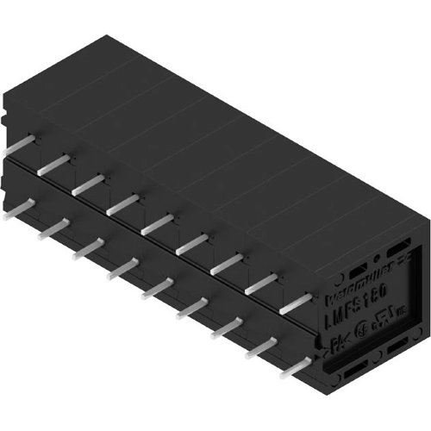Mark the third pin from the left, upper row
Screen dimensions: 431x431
(90, 180)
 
